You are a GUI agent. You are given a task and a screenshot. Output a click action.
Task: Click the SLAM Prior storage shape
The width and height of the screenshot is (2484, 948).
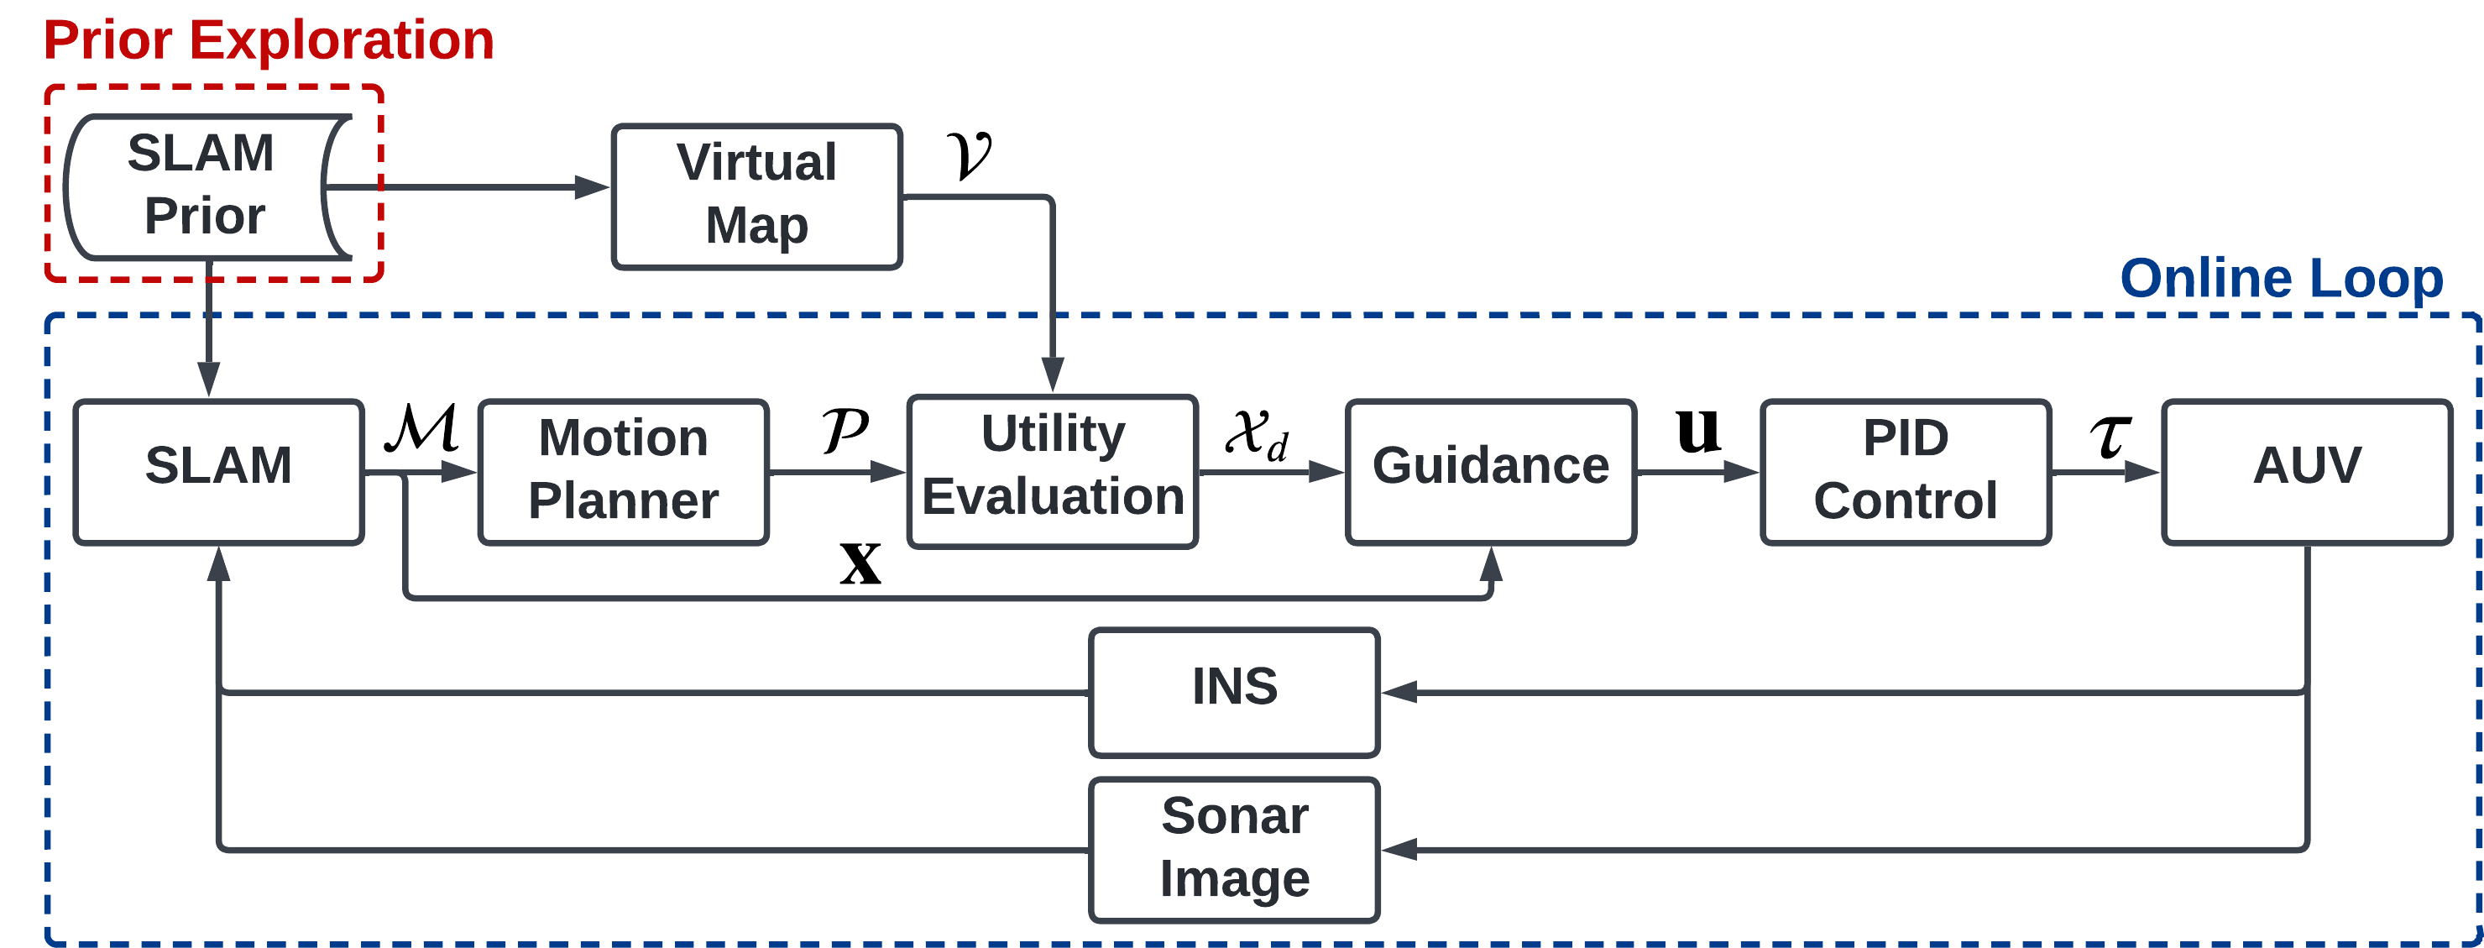click(x=202, y=186)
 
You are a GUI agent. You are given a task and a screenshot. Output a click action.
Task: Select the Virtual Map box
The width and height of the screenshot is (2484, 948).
click(x=757, y=196)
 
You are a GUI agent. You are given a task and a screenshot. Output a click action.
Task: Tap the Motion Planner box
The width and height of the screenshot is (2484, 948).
click(x=623, y=472)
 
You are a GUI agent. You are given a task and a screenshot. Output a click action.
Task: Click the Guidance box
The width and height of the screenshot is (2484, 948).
click(x=1490, y=472)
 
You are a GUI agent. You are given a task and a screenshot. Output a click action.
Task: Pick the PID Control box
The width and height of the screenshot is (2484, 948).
click(x=1906, y=472)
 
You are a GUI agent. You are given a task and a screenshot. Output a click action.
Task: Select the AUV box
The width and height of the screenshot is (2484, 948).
click(x=2307, y=472)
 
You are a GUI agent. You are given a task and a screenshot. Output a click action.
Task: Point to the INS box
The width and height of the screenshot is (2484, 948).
click(x=1234, y=691)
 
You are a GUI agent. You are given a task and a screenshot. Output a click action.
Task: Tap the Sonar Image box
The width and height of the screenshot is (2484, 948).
click(x=1234, y=849)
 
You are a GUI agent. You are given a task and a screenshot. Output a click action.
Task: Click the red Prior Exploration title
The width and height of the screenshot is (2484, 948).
click(x=269, y=40)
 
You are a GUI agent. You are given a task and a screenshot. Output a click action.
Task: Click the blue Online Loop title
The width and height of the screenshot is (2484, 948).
click(x=2282, y=279)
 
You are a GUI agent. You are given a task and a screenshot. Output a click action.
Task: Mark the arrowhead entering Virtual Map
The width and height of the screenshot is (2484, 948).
click(x=592, y=186)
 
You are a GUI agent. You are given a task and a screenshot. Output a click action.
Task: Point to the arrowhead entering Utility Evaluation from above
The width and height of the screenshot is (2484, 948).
click(x=1053, y=374)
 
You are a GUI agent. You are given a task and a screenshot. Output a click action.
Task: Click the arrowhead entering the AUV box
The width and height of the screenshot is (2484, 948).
click(x=2142, y=472)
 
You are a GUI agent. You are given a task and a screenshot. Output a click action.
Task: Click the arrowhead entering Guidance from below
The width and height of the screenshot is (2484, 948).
click(x=1492, y=565)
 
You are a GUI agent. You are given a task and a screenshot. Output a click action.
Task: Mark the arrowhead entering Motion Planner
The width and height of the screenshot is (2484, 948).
click(x=458, y=472)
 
